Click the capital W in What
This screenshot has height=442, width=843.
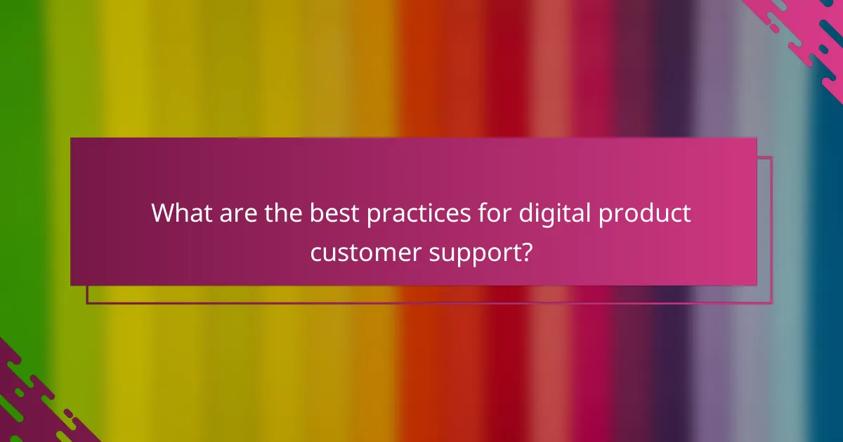pos(164,213)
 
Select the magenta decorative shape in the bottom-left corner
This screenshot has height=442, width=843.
pos(28,407)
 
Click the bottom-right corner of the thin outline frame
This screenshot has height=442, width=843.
pos(772,303)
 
